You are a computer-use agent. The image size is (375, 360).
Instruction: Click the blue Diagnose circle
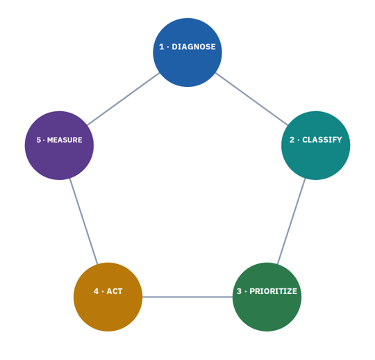tap(187, 52)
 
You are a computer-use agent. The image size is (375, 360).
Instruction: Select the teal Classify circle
tap(316, 145)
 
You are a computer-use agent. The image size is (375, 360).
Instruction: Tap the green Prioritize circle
tap(267, 297)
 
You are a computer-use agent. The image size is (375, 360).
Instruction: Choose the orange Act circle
tap(108, 297)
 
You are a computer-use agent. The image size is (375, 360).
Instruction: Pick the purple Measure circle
tap(59, 145)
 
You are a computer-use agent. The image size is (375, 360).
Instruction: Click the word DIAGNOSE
tap(194, 47)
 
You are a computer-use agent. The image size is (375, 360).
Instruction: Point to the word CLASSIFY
tap(322, 140)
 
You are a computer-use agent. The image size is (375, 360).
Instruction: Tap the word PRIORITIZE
tap(274, 291)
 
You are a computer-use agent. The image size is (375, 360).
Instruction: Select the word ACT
tap(115, 291)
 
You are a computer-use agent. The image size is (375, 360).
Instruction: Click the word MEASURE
tap(65, 140)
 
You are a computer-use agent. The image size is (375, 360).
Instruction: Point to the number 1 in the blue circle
tap(162, 47)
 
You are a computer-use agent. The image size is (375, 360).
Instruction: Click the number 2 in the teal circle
tap(292, 140)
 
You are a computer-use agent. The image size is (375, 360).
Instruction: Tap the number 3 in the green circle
tap(239, 291)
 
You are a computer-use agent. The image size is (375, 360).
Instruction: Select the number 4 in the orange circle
tap(96, 291)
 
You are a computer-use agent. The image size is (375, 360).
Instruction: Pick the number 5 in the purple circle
tap(39, 140)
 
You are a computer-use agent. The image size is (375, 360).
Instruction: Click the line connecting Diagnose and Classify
tap(251, 99)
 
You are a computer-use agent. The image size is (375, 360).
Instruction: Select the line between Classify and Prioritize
tap(291, 221)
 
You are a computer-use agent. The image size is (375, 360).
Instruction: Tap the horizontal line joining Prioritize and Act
tap(187, 297)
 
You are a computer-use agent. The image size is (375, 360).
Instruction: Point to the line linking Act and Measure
tap(84, 221)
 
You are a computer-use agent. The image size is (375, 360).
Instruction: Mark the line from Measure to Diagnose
tap(124, 99)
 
